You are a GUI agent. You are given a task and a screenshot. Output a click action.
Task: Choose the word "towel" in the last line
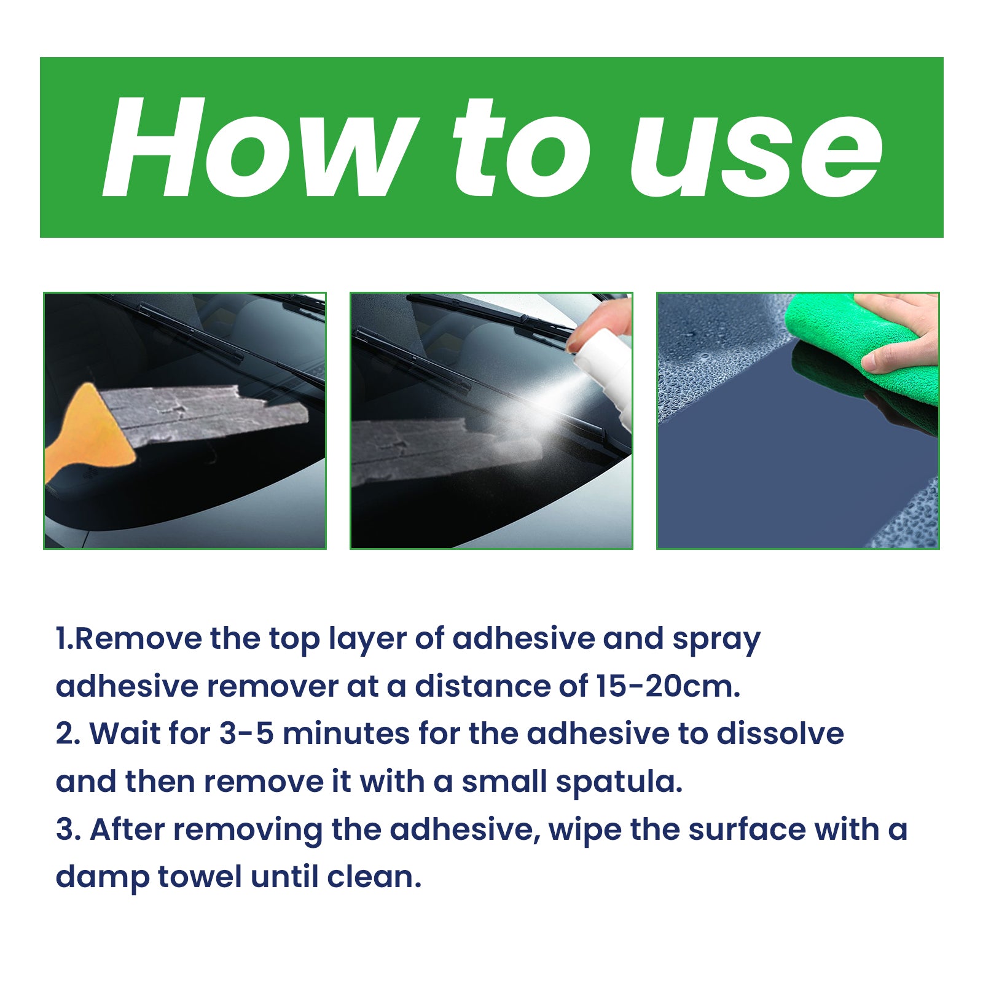click(200, 877)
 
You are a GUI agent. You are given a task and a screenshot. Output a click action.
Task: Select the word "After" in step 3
click(127, 829)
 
